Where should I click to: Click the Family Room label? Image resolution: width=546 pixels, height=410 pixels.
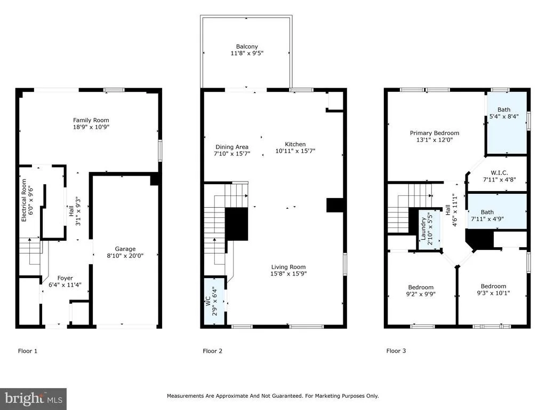click(91, 120)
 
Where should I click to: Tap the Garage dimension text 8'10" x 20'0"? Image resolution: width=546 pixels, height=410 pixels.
click(125, 256)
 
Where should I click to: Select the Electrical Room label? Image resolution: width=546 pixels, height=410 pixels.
click(23, 201)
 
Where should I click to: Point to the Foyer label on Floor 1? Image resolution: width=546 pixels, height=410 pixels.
click(65, 278)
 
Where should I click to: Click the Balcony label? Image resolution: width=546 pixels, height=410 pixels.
click(247, 46)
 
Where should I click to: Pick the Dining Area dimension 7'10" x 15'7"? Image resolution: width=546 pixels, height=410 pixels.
click(232, 154)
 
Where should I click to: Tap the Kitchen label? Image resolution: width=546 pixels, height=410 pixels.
click(295, 144)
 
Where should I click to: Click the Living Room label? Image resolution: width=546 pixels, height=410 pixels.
click(288, 267)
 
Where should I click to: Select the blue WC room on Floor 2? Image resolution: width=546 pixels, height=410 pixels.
click(214, 302)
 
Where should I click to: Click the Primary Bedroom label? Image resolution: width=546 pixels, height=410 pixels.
click(434, 133)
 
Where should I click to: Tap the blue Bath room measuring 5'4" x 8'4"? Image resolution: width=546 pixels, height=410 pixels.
click(507, 123)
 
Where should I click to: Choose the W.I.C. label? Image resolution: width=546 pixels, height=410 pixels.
click(499, 172)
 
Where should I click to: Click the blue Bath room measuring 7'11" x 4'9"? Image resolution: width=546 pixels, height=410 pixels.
click(497, 211)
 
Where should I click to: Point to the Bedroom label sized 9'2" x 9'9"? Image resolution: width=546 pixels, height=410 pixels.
click(421, 287)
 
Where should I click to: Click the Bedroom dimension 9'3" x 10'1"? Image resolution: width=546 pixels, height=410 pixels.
click(493, 293)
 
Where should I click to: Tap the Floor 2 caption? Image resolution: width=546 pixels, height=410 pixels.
click(212, 351)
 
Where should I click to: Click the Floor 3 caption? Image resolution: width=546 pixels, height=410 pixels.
click(396, 351)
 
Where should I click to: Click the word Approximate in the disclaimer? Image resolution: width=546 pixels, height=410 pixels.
click(231, 396)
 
